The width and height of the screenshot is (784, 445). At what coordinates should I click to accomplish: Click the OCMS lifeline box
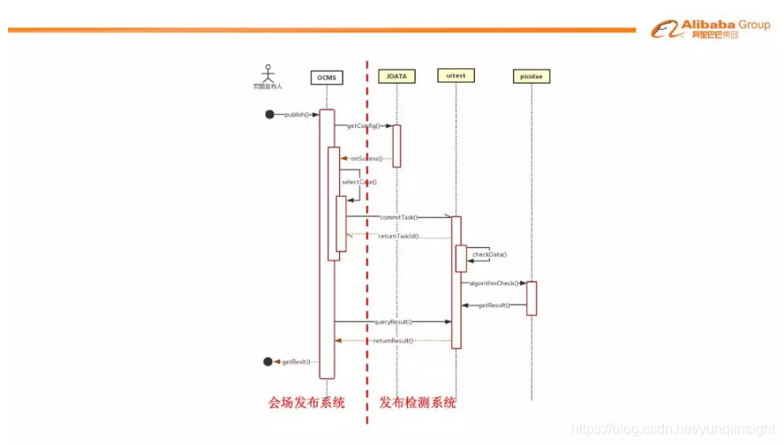click(327, 77)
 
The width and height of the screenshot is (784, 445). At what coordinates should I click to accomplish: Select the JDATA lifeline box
click(396, 76)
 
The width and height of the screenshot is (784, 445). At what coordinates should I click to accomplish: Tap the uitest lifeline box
click(456, 76)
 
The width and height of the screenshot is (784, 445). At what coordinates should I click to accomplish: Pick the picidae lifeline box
click(531, 77)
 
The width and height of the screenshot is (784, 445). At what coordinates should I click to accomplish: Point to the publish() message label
click(298, 115)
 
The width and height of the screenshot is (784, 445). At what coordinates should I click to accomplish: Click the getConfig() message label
click(363, 125)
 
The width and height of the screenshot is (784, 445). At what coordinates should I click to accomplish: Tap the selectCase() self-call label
click(359, 182)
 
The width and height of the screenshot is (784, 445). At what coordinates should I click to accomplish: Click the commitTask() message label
click(398, 216)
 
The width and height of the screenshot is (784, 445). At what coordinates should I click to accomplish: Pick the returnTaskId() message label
click(398, 237)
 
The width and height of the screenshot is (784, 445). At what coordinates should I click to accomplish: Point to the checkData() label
click(489, 254)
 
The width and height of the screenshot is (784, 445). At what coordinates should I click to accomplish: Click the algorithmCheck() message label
click(494, 283)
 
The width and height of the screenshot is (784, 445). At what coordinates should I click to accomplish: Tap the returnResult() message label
click(393, 340)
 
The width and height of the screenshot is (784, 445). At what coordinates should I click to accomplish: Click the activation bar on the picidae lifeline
click(531, 298)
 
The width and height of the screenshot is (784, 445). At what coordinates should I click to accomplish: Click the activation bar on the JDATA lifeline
click(396, 146)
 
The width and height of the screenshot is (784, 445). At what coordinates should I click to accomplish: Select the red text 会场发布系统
click(306, 403)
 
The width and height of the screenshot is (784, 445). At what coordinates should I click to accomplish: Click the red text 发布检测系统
click(418, 403)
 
